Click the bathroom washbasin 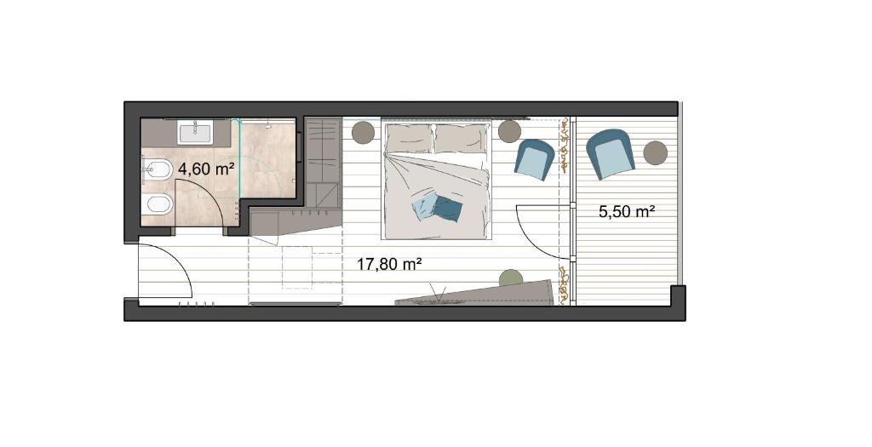point(194,134)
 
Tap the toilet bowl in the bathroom point(157,206)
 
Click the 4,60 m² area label point(205,169)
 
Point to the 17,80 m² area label point(388,264)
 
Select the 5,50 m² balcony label point(626,211)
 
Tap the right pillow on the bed point(461,139)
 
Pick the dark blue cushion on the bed point(447,209)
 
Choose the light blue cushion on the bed point(424,208)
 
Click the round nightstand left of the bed point(364,132)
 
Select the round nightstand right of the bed point(509,132)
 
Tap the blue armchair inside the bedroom point(535,159)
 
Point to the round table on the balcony point(655,152)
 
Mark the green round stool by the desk point(511,278)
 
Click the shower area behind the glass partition point(267,159)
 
